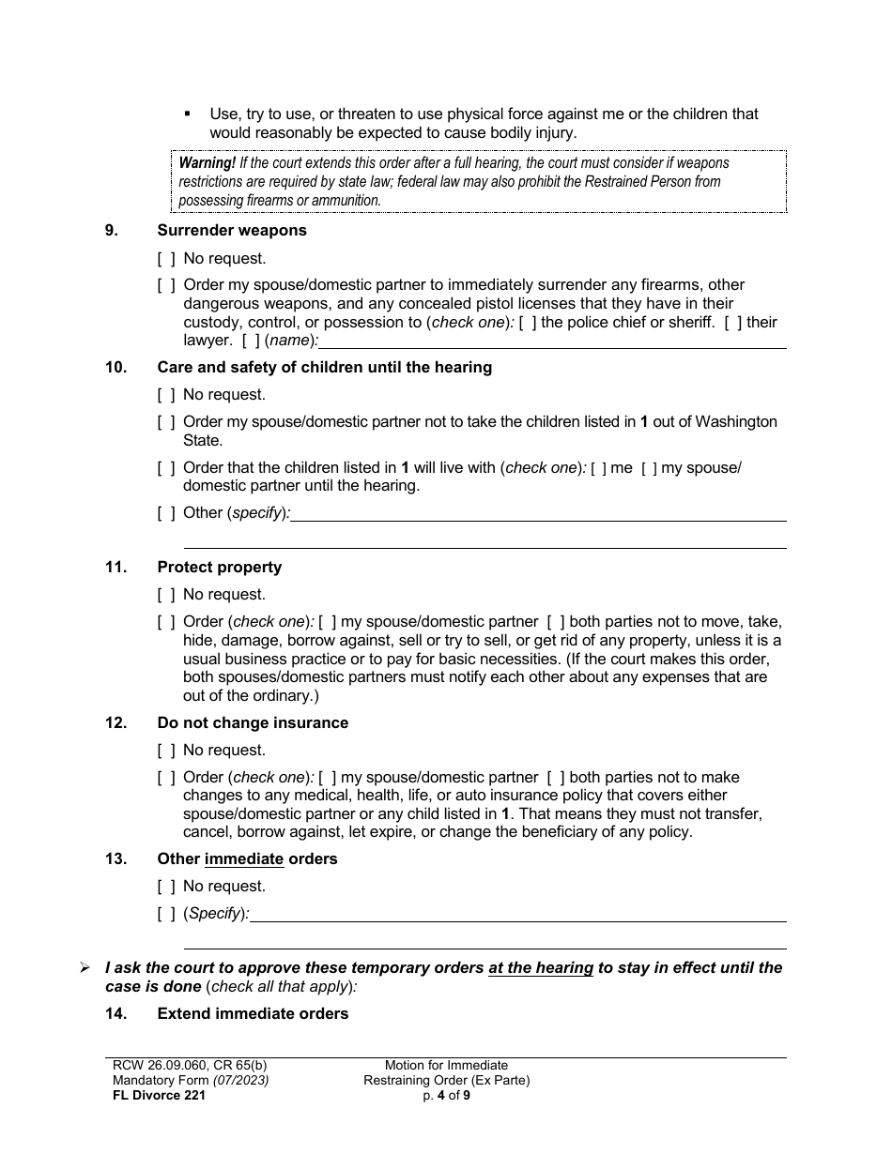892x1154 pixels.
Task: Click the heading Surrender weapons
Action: pyautogui.click(x=231, y=230)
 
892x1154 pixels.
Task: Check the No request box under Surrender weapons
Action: pyautogui.click(x=166, y=258)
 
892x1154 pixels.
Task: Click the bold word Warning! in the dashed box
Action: pyautogui.click(x=208, y=162)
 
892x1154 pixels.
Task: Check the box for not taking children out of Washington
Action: pyautogui.click(x=166, y=422)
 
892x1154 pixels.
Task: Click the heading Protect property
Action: pyautogui.click(x=219, y=567)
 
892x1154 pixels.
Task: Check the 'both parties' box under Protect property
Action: pyautogui.click(x=556, y=621)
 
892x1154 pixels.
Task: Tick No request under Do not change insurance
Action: pyautogui.click(x=166, y=750)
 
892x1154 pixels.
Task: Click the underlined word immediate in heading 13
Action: pyautogui.click(x=244, y=858)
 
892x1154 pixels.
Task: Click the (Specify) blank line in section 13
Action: pyautogui.click(x=517, y=915)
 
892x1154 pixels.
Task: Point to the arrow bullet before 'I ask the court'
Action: pyautogui.click(x=85, y=967)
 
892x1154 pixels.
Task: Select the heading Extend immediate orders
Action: pyautogui.click(x=253, y=1013)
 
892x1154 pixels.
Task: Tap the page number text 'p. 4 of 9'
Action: pyautogui.click(x=446, y=1094)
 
